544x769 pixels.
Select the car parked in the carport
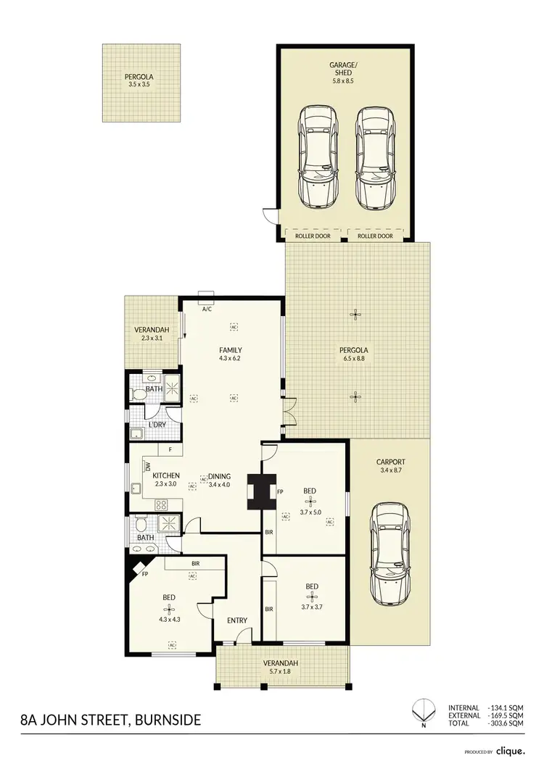tap(390, 554)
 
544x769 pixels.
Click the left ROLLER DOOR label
tap(313, 236)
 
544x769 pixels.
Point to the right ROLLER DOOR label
tap(375, 236)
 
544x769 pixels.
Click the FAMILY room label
tap(230, 350)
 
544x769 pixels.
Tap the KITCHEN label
tap(166, 475)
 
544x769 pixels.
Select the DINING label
tap(219, 475)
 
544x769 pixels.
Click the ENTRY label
tap(237, 620)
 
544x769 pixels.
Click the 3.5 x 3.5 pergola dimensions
tap(141, 83)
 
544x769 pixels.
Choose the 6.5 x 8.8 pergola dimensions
tap(355, 359)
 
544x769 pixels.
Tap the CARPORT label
tap(390, 462)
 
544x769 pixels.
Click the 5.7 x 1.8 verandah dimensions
tap(283, 672)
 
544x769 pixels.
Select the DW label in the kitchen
tap(147, 467)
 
